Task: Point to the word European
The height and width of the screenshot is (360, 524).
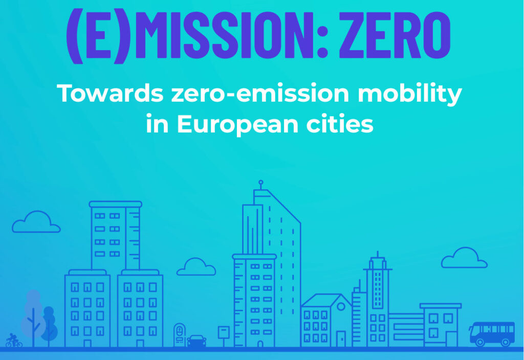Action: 237,125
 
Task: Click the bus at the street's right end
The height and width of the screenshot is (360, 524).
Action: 492,333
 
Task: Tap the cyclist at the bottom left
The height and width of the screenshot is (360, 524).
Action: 13,340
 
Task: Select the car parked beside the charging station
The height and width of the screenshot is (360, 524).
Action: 196,341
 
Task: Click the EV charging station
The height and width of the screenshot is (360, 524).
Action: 180,335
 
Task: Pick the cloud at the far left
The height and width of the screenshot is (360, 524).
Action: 36,222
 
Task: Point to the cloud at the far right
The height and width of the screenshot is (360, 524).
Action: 464,258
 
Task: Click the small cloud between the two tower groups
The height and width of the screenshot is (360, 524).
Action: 196,266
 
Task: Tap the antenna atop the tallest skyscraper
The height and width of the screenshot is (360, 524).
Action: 261,185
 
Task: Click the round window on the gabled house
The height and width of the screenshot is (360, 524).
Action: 341,306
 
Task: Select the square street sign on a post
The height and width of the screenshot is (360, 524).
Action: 224,332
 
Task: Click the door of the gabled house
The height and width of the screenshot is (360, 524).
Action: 341,339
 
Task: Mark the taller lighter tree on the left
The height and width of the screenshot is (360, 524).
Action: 33,317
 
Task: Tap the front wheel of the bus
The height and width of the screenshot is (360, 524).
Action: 480,342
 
